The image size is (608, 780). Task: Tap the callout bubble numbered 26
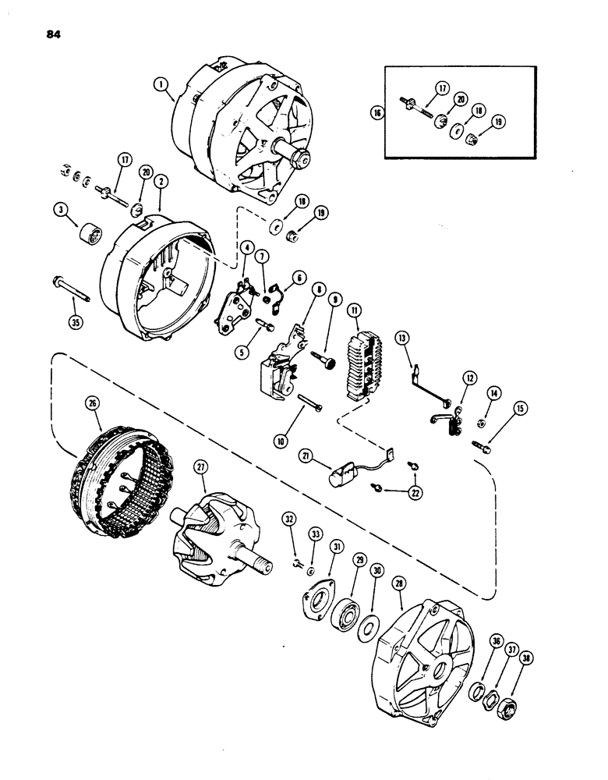point(93,403)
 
